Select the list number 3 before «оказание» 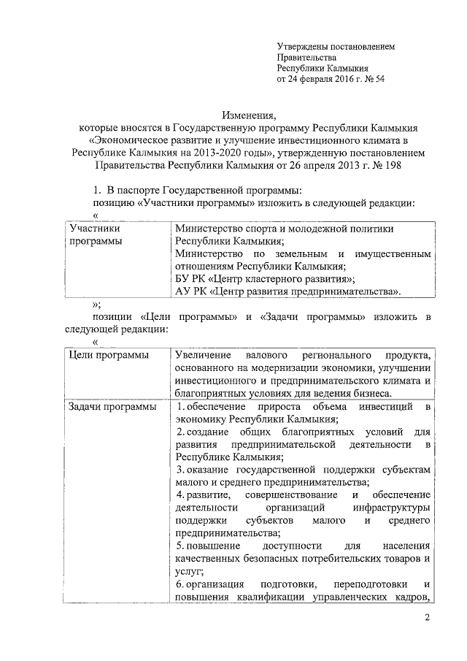[180, 468]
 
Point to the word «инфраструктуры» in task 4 [391, 507]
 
